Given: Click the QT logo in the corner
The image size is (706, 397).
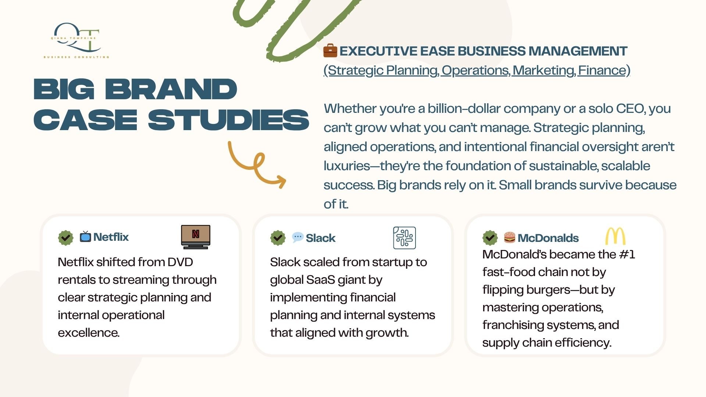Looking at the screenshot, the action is (76, 40).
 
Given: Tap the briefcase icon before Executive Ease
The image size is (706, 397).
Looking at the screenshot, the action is (330, 51).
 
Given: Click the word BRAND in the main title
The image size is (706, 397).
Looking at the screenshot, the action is (171, 89).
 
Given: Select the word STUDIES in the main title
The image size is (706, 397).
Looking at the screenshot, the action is (228, 120).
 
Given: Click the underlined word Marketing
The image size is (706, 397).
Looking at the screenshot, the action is (544, 70).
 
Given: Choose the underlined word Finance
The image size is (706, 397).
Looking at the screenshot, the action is (602, 70).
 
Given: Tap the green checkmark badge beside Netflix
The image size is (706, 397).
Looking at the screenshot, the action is (65, 237).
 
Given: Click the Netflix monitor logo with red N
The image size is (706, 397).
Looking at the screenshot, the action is (196, 237).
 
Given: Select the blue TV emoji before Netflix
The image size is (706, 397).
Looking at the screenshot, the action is (85, 237).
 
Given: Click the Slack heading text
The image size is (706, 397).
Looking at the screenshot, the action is (321, 238).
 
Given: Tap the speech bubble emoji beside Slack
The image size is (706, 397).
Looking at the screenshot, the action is (297, 237).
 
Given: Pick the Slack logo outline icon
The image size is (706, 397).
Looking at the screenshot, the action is (404, 238).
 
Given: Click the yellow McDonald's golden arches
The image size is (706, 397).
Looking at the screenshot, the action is (615, 236).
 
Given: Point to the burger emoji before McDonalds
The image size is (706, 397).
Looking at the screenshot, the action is (510, 237).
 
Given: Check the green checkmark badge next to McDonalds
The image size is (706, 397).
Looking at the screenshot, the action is (490, 238).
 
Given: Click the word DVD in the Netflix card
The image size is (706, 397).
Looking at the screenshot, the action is (180, 262).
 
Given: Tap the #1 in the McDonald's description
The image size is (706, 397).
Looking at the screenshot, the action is (627, 254).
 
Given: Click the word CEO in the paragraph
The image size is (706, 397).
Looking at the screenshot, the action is (630, 109).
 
